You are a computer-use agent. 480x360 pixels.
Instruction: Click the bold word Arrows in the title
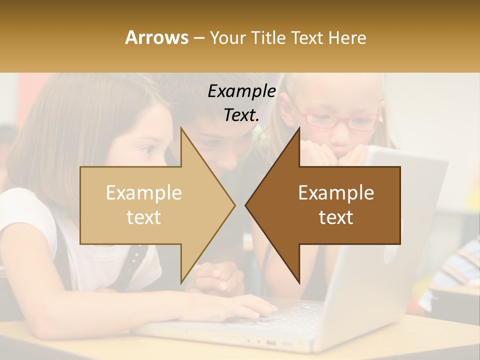[156, 37]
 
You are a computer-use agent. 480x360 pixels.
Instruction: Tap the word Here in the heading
[347, 37]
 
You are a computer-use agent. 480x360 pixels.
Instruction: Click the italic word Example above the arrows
[241, 91]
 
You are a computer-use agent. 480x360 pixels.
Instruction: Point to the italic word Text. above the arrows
[241, 115]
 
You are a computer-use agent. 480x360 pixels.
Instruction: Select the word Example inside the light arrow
[144, 193]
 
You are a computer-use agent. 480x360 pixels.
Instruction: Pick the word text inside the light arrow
[144, 217]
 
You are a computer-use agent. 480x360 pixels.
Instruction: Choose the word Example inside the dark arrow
[336, 193]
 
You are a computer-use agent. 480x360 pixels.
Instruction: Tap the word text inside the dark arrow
[336, 217]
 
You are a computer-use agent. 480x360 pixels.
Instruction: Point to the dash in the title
[198, 37]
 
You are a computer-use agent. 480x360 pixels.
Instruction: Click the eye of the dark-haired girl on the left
[149, 149]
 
